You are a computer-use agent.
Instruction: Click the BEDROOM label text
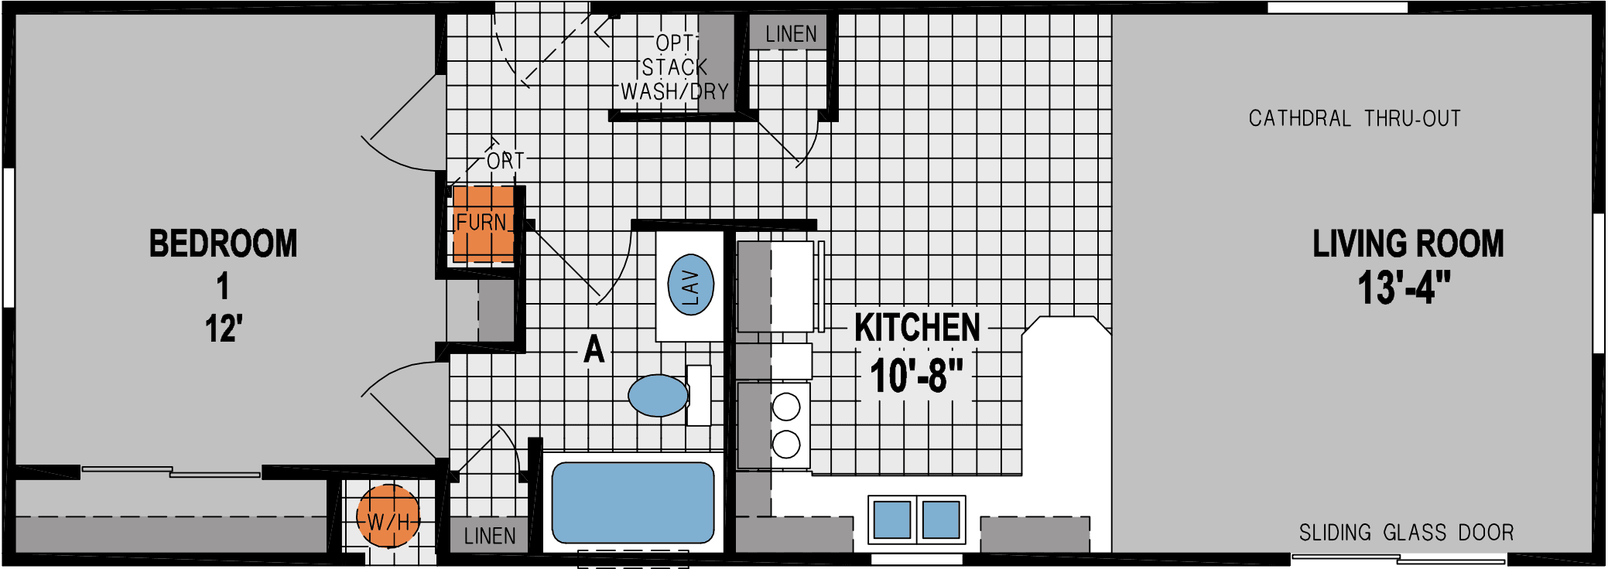pos(223,244)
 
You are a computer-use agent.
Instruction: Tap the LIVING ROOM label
pos(1408,244)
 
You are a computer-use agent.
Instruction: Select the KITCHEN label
pos(917,328)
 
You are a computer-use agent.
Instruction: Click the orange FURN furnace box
pos(483,224)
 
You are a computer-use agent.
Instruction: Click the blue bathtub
pos(633,503)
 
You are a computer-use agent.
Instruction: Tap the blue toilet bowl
pos(659,396)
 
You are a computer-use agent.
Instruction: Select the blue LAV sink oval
pos(690,284)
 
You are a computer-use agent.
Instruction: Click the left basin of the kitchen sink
pos(891,520)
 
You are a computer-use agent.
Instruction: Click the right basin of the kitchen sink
pos(941,520)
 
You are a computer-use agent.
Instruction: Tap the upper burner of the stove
pos(786,407)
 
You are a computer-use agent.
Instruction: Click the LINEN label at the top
pos(791,35)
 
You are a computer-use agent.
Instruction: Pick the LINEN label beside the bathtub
pos(489,536)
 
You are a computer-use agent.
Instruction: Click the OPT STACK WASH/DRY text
pos(675,68)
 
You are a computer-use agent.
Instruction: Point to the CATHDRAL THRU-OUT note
pos(1354,119)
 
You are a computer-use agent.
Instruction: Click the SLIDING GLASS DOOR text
pos(1406,533)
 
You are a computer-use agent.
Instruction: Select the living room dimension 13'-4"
pos(1404,288)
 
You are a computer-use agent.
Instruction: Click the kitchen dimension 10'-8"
pos(916,376)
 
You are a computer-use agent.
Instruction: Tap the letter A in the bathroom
pos(594,349)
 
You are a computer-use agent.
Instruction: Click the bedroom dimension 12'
pos(224,329)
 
